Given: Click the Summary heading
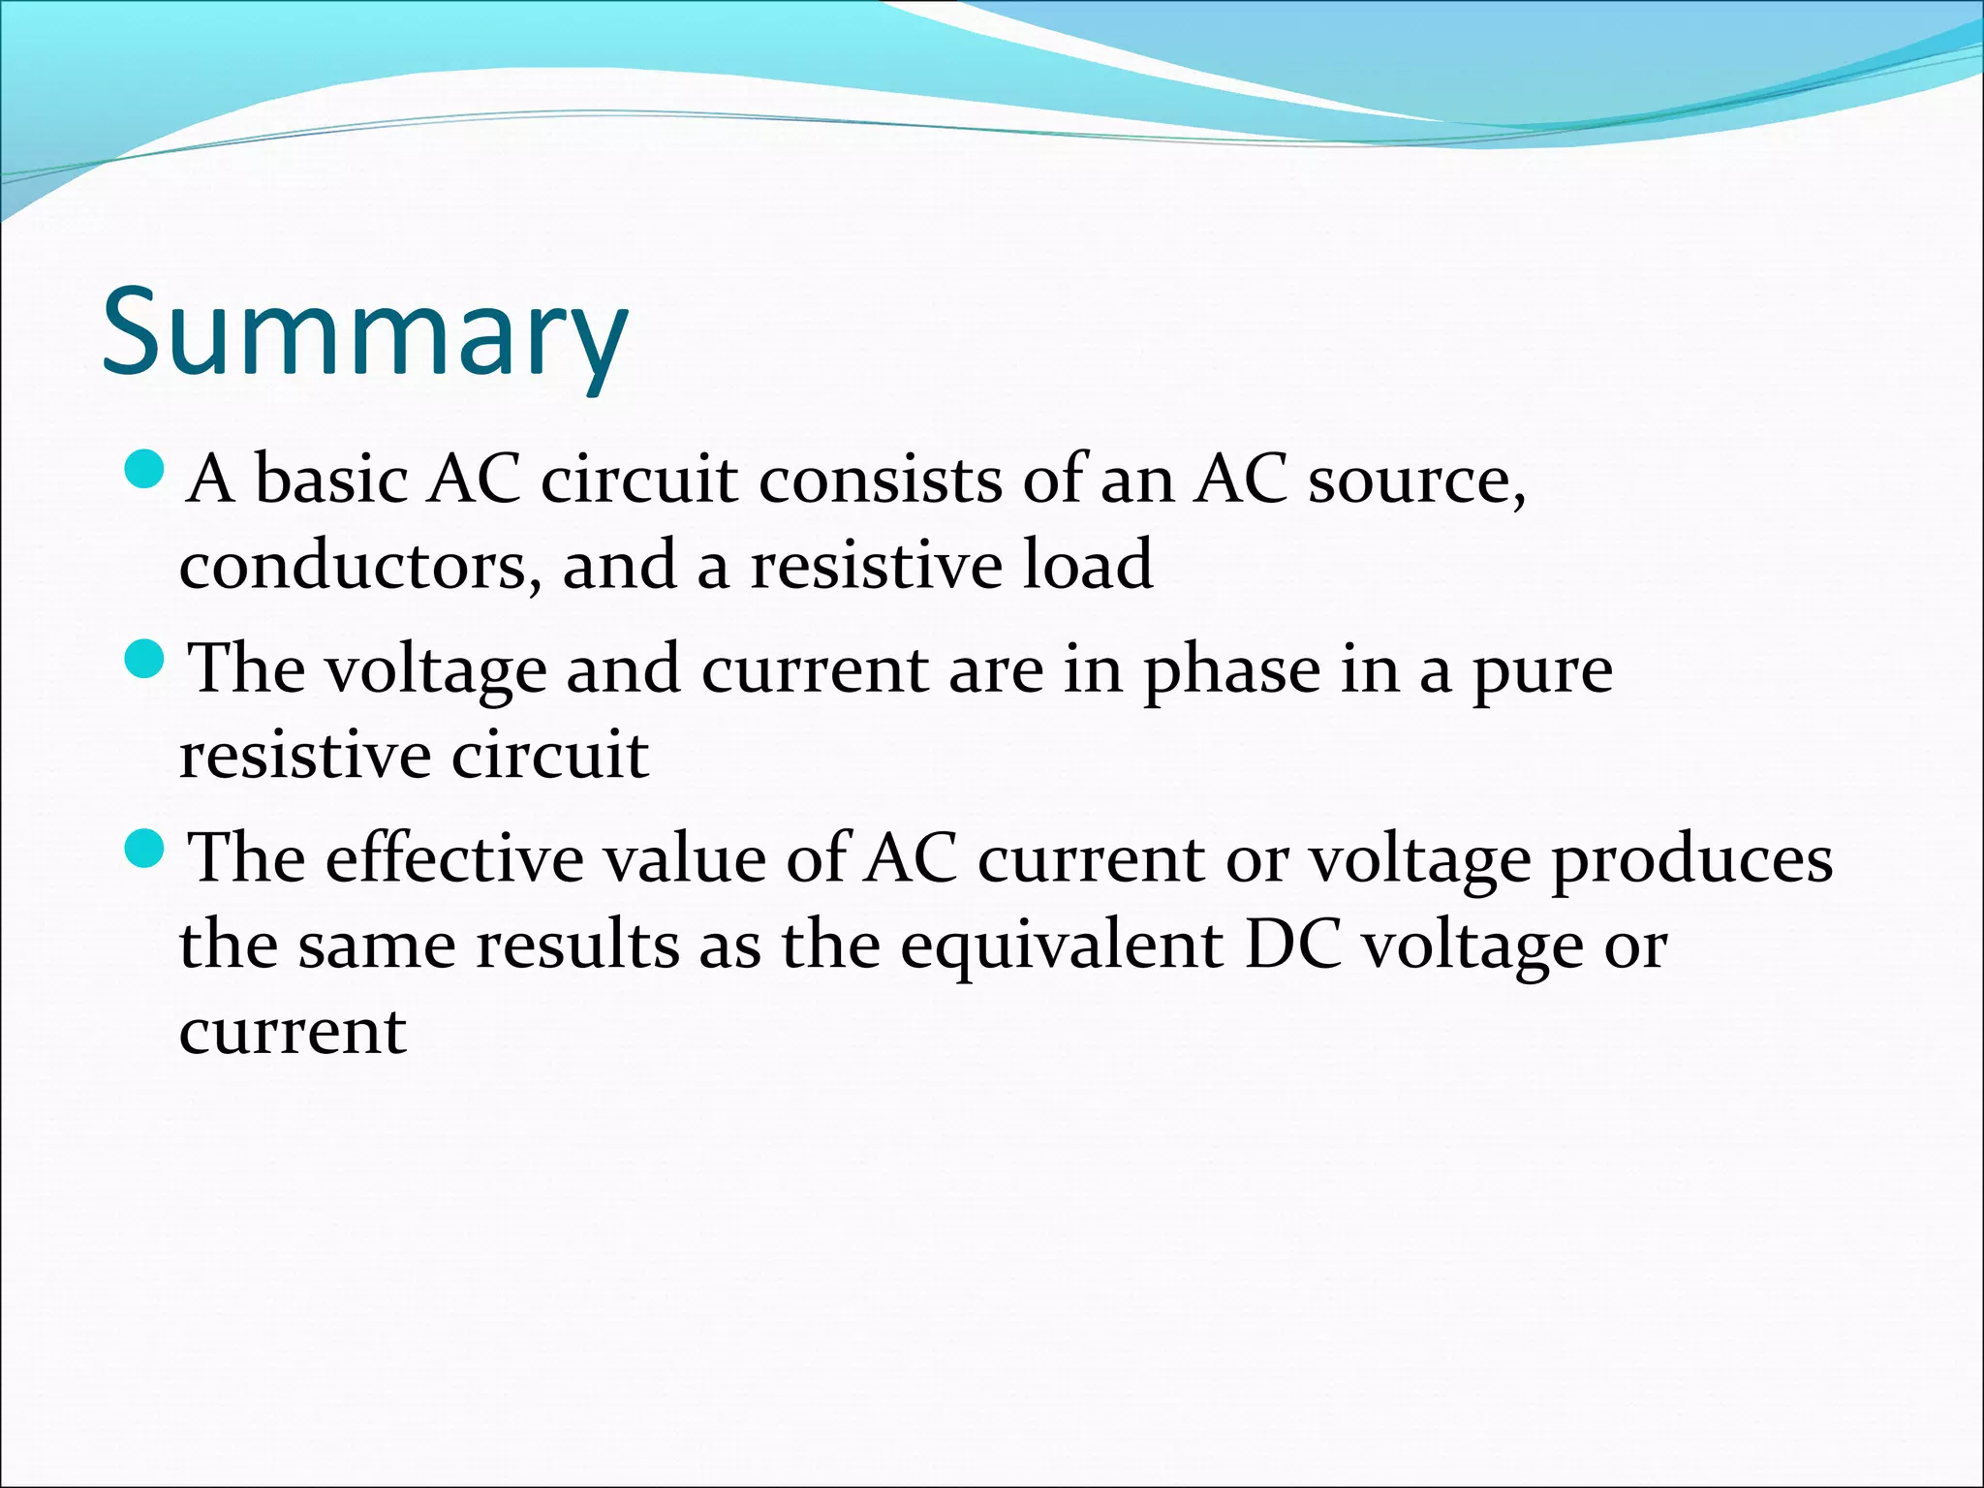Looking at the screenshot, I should tap(364, 331).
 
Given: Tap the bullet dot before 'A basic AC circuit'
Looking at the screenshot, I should tap(146, 472).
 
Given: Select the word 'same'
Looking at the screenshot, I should tap(377, 945).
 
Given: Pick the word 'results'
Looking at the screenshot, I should tap(577, 944).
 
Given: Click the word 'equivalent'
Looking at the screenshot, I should tap(1061, 945).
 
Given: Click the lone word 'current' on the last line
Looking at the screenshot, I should tap(293, 1030).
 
